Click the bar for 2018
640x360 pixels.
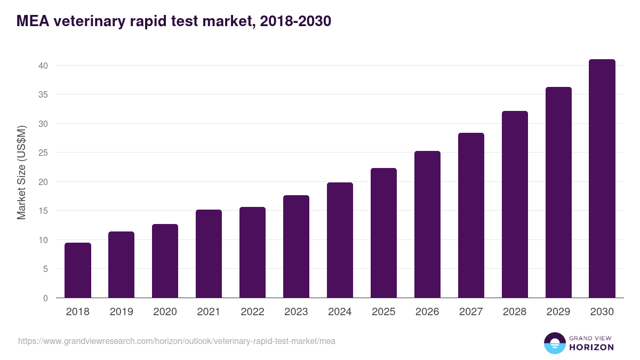pos(78,270)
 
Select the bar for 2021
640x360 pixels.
pos(209,254)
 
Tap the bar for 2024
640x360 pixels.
pos(340,240)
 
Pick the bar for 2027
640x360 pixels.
pos(471,215)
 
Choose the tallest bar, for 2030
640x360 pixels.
pos(602,179)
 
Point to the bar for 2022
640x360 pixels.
pos(252,252)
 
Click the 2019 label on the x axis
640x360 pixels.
pos(122,312)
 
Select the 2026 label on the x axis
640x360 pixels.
pos(427,312)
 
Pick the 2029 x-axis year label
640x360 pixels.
pos(558,312)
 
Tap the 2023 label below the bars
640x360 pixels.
pos(296,312)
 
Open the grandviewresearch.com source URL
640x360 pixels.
pos(177,341)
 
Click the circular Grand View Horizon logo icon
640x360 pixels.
pos(554,343)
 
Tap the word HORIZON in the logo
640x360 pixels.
pos(591,347)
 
